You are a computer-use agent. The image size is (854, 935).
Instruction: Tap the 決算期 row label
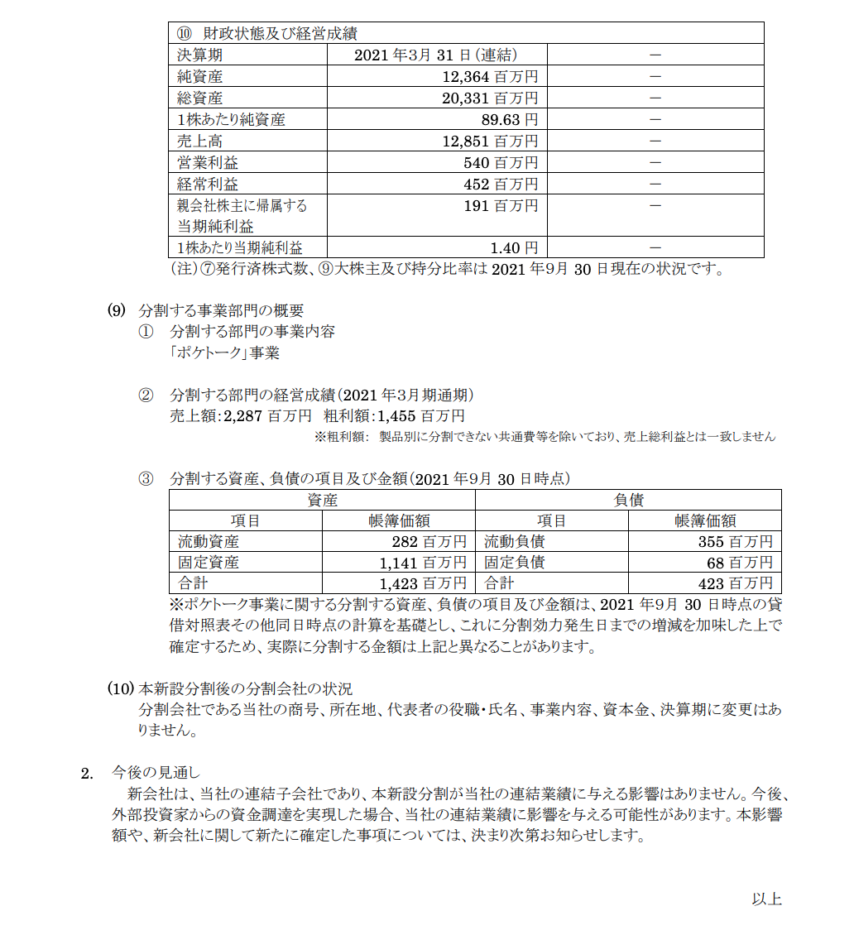click(199, 55)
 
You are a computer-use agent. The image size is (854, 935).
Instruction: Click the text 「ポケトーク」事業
click(224, 353)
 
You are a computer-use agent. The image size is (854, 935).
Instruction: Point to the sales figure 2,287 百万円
click(265, 415)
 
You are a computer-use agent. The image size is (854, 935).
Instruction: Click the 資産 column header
click(322, 500)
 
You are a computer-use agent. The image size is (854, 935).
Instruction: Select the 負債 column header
click(628, 500)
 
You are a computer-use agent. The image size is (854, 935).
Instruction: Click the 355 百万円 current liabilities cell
click(736, 542)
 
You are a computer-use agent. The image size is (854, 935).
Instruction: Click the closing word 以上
click(766, 899)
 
